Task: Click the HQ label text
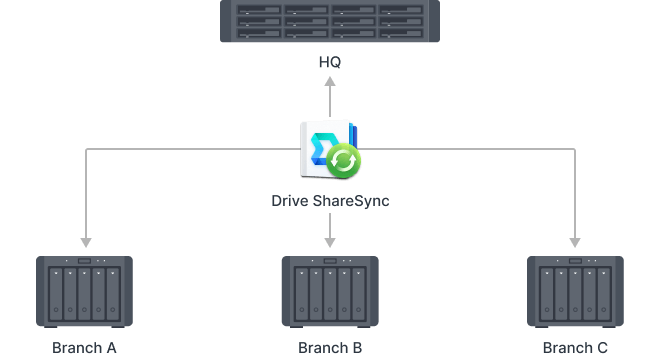tap(330, 63)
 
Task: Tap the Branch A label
tap(85, 348)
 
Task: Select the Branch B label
tap(330, 348)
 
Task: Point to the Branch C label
tap(575, 348)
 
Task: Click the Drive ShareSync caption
tap(330, 200)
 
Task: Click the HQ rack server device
tap(330, 23)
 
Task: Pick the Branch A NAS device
tap(85, 291)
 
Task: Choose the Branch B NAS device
tap(330, 291)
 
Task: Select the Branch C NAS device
tap(575, 291)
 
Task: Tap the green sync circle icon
tap(344, 159)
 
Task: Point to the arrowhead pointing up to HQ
tap(330, 86)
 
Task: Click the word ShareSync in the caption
tap(351, 200)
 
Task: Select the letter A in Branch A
tap(112, 348)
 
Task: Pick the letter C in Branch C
tap(602, 348)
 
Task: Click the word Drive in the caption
tap(290, 200)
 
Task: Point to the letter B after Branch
tap(357, 348)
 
